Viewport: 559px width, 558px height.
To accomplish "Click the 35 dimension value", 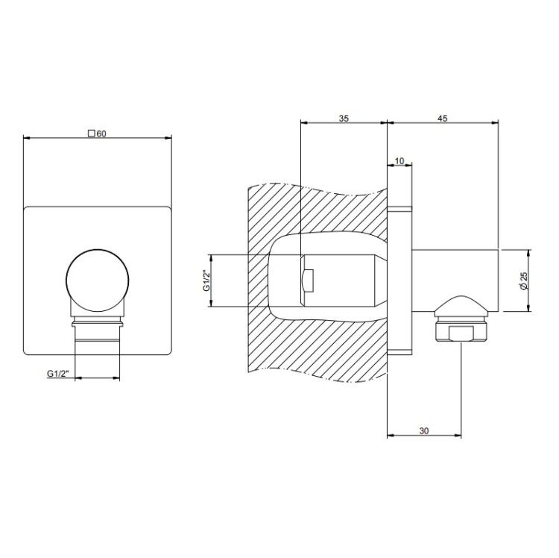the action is tap(344, 119).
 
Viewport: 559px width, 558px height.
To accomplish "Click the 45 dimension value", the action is tap(443, 119).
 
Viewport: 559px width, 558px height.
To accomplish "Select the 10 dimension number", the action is tap(399, 161).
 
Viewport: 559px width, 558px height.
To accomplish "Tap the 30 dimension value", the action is tap(424, 431).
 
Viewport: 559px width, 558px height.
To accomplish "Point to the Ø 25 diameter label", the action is tap(523, 280).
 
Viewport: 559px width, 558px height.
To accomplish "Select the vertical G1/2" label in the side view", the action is tap(206, 280).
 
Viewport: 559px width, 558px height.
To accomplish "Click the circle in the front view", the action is tap(98, 280).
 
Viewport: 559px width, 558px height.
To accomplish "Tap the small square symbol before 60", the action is tap(91, 134).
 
